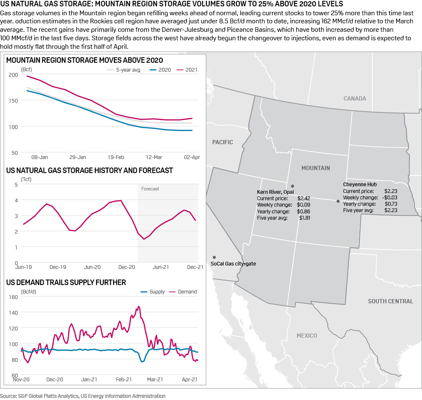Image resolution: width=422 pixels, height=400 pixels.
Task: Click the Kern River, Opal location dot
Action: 292,186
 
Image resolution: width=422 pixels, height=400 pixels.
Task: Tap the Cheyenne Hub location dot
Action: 338,201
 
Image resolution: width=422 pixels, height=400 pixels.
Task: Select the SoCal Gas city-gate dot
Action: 214,257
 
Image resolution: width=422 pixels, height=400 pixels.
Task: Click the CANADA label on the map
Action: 355,98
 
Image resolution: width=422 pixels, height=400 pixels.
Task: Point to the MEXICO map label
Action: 307,336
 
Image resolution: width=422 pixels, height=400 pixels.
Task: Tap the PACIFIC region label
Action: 222,142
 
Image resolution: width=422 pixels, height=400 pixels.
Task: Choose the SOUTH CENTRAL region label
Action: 390,301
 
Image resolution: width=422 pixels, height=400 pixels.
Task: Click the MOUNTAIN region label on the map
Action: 316,168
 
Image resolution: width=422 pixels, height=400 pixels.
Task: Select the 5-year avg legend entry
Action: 128,70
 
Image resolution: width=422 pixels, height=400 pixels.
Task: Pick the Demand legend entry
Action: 187,292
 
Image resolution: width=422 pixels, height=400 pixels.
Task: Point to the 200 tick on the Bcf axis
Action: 13,75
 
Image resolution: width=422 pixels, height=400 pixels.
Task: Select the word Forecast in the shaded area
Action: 150,189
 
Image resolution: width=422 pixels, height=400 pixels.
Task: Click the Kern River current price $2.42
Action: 304,198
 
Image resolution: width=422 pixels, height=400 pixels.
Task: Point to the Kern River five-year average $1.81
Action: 304,218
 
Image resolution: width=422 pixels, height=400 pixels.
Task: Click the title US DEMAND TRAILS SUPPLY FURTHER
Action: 66,283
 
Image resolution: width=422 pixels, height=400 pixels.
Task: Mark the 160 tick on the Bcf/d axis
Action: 13,297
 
